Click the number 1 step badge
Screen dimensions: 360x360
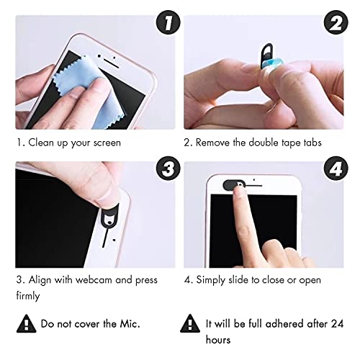(x=168, y=22)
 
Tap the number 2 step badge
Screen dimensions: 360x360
(x=336, y=22)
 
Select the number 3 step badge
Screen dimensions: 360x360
(x=168, y=168)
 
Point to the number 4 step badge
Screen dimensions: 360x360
(x=336, y=168)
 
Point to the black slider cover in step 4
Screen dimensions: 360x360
(x=233, y=185)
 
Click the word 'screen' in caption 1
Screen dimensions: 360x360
(x=107, y=143)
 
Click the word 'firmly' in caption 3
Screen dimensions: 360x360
(x=28, y=296)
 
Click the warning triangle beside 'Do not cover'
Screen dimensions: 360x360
(x=27, y=324)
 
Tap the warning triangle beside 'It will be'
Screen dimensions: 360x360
(x=190, y=323)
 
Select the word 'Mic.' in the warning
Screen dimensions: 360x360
(x=130, y=324)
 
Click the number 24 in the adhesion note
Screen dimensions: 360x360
(x=338, y=324)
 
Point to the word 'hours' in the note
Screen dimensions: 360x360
(x=218, y=340)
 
